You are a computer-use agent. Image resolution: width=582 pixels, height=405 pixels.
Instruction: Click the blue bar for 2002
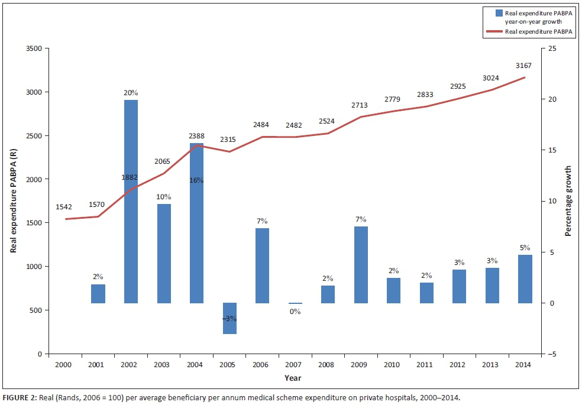[x=131, y=201]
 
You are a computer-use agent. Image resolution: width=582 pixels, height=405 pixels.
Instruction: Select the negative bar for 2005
[x=229, y=318]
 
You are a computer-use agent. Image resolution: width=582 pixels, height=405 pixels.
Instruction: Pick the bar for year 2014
[x=525, y=278]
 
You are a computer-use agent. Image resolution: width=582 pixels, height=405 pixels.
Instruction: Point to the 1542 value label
[x=64, y=208]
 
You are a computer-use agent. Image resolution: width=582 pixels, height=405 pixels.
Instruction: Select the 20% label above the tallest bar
[x=131, y=93]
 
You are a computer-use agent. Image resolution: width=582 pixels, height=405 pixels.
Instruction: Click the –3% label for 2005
[x=229, y=319]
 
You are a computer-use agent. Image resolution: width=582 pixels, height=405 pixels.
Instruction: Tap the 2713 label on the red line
[x=359, y=105]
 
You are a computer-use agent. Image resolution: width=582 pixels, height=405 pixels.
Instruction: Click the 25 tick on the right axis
[x=552, y=48]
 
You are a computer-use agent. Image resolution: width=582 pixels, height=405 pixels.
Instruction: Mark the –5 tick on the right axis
[x=552, y=354]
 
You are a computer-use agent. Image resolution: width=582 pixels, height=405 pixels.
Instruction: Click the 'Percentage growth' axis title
[x=568, y=202]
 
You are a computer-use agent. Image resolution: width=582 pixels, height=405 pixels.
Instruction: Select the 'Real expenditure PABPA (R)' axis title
[x=12, y=201]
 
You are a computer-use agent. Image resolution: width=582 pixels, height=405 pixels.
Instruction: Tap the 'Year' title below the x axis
[x=293, y=377]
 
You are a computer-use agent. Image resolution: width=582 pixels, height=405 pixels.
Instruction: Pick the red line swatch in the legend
[x=496, y=31]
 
